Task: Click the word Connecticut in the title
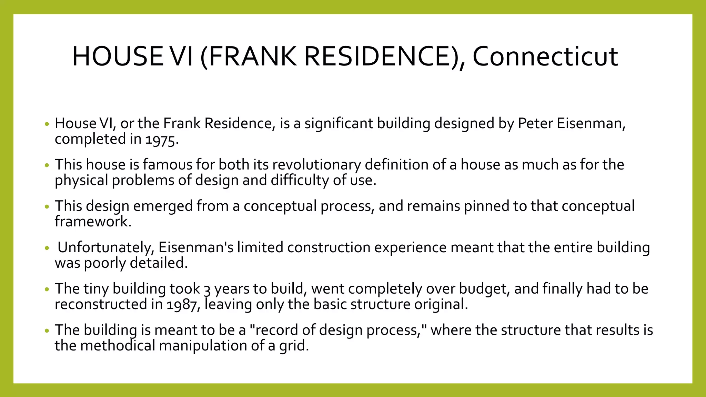(545, 57)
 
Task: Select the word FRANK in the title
(252, 57)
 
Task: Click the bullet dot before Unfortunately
(47, 248)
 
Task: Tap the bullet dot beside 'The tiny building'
(47, 290)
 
